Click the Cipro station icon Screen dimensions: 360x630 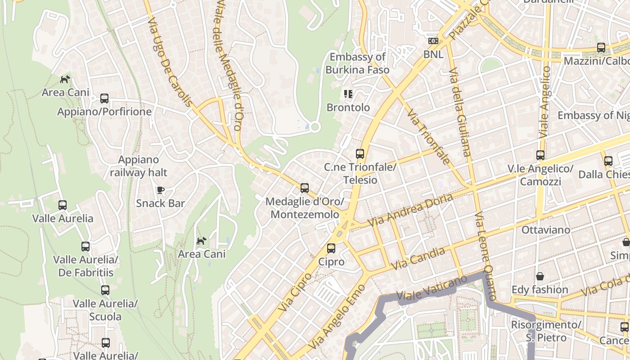coord(331,248)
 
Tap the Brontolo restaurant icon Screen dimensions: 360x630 coord(348,94)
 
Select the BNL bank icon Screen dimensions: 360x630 coord(433,41)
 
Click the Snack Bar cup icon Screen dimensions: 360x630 coord(160,190)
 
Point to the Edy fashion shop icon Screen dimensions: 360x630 coord(540,276)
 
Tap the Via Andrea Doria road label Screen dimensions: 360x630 coord(410,210)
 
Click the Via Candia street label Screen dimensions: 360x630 coord(418,259)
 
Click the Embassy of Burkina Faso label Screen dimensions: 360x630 coord(357,63)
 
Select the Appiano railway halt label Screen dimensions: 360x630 coord(139,166)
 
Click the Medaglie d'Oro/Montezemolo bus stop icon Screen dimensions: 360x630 coord(305,188)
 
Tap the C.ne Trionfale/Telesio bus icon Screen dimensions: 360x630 coord(360,154)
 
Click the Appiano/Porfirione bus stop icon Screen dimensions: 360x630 coord(104,98)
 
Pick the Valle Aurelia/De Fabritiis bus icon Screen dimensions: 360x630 coord(85,247)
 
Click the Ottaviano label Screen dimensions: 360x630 coord(545,230)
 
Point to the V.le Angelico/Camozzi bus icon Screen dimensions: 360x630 coord(540,155)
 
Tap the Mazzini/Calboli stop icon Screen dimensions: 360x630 coord(601,48)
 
